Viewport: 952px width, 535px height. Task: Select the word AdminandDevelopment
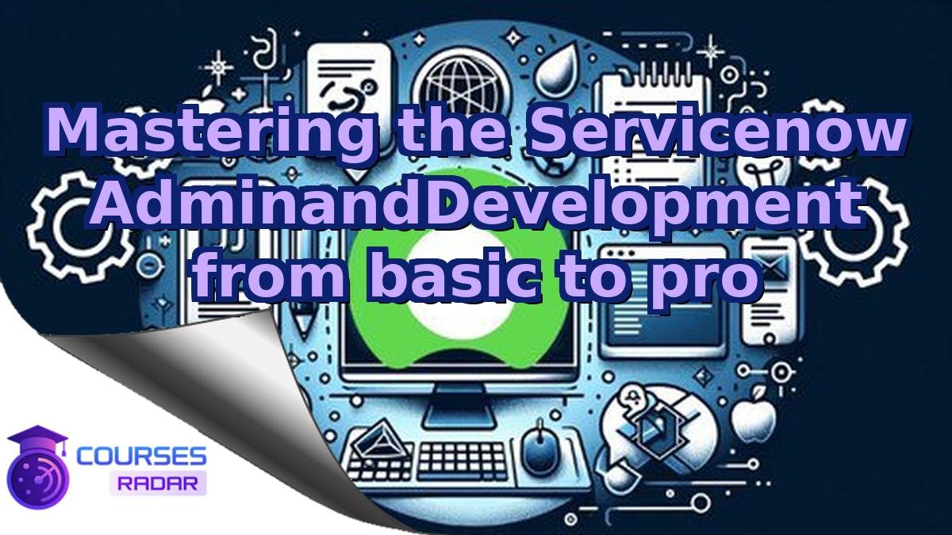(477, 204)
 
